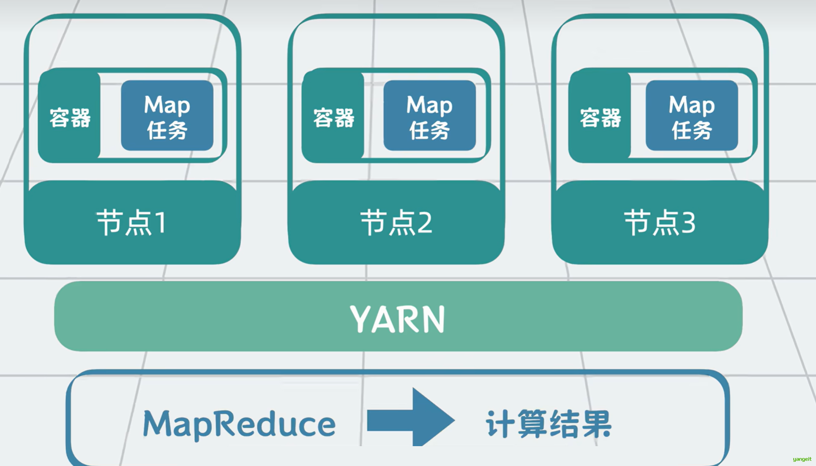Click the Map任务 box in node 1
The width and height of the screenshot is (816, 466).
click(x=167, y=115)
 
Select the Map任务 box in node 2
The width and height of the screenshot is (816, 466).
click(x=429, y=115)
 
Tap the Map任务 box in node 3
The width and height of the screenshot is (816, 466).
click(x=691, y=115)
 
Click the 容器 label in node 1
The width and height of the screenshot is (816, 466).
click(x=70, y=118)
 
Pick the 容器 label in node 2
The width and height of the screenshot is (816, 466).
click(x=334, y=118)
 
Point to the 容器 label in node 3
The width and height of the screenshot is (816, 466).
click(x=600, y=118)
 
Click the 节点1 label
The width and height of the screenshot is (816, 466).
click(x=132, y=223)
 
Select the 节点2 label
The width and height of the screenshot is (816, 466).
click(x=396, y=223)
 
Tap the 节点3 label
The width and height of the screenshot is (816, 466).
click(x=660, y=223)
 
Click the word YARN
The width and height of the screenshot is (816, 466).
click(x=398, y=319)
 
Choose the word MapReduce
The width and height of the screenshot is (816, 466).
click(x=239, y=424)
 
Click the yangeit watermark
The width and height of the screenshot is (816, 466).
click(x=802, y=459)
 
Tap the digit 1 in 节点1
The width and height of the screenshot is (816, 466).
click(x=161, y=223)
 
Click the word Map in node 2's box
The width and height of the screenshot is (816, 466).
click(x=429, y=105)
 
